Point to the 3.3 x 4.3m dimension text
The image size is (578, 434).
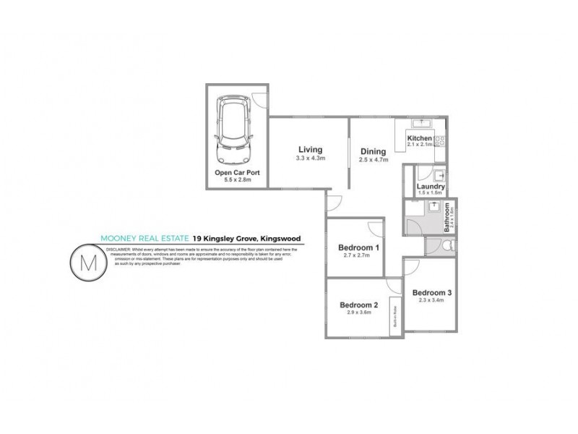pos(311,158)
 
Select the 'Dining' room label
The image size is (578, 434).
pos(374,151)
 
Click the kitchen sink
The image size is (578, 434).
pos(420,124)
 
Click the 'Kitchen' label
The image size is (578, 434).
pos(420,138)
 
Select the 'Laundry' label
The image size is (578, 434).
pos(431,185)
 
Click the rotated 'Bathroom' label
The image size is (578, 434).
pos(447,216)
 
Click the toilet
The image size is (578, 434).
pos(446,247)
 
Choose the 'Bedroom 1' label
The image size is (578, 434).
pos(359,248)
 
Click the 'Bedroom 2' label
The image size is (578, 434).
pos(359,305)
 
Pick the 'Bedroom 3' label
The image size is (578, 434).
pos(432,293)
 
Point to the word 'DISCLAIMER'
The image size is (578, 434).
pos(120,248)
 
